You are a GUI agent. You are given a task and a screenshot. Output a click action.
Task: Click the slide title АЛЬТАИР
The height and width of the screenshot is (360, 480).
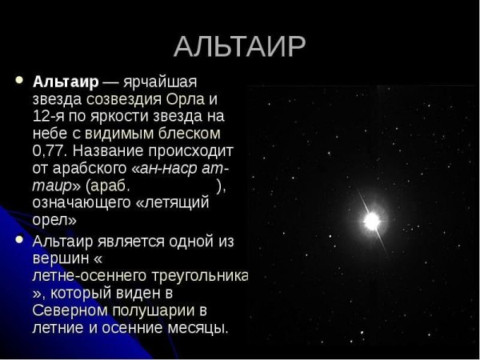(239, 46)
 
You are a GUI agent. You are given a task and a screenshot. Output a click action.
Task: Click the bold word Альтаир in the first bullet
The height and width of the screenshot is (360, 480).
(66, 82)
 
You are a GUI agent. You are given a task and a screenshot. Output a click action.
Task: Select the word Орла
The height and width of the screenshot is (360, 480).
(187, 100)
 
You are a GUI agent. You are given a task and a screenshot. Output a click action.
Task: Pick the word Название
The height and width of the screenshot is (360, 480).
(116, 151)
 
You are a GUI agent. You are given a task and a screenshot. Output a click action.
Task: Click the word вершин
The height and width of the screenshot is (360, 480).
(60, 258)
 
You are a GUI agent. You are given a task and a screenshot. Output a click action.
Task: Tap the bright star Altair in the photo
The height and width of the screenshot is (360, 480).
(371, 220)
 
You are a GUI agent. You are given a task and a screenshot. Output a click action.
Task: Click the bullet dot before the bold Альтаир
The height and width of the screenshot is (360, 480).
(19, 81)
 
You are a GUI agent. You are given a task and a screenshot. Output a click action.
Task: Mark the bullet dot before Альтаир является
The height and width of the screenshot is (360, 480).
(19, 239)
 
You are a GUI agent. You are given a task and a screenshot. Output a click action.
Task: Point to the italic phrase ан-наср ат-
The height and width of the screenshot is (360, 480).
(183, 168)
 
